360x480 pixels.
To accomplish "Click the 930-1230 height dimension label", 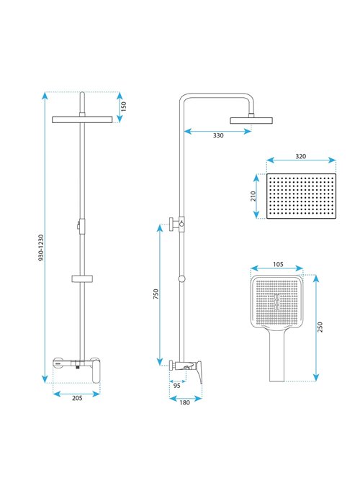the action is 41,248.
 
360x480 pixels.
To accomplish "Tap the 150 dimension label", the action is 123,107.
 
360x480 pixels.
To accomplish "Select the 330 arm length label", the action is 218,135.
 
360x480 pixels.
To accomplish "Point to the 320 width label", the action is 300,156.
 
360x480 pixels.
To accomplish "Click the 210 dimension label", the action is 253,196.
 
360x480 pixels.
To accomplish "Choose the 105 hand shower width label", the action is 278,264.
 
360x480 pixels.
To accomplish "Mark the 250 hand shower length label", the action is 320,327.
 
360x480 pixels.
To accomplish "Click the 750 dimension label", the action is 156,294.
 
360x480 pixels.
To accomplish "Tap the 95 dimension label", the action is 177,386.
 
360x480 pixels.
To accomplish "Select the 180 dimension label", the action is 184,402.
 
